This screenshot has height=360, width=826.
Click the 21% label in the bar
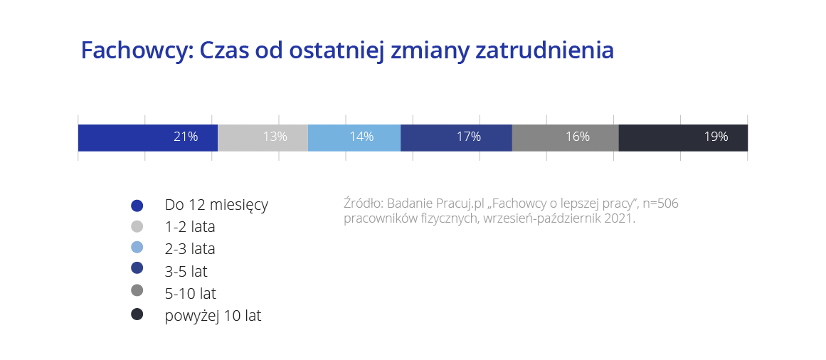pyautogui.click(x=186, y=137)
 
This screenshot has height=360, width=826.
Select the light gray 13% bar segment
pyautogui.click(x=263, y=137)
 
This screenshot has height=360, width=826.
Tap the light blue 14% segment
pyautogui.click(x=354, y=137)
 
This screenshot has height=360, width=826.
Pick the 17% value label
pyautogui.click(x=469, y=137)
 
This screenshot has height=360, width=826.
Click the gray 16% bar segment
pyautogui.click(x=565, y=137)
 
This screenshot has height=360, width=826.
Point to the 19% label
pyautogui.click(x=716, y=137)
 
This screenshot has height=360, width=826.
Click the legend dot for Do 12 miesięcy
pyautogui.click(x=137, y=206)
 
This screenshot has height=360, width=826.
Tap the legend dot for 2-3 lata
pyautogui.click(x=137, y=247)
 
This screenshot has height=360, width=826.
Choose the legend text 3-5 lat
pyautogui.click(x=186, y=272)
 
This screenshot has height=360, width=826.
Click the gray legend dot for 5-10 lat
pyautogui.click(x=137, y=290)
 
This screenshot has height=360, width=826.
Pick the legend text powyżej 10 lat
pyautogui.click(x=213, y=317)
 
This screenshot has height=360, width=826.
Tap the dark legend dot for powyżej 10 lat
pyautogui.click(x=137, y=314)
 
